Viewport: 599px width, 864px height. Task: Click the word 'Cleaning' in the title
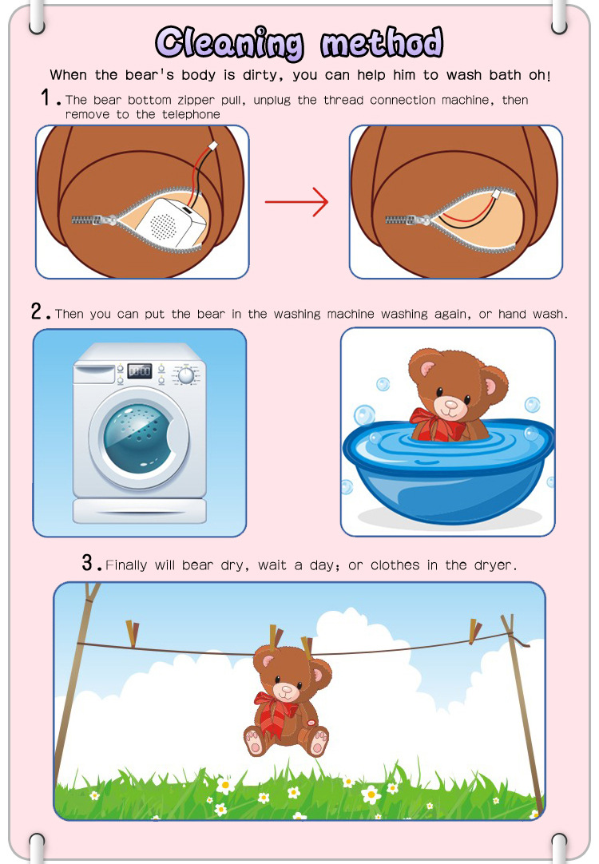(x=229, y=43)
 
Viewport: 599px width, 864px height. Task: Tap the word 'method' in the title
(x=382, y=42)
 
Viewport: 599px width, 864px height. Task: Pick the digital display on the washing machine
(x=139, y=371)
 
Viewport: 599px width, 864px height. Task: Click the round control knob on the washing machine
(x=186, y=375)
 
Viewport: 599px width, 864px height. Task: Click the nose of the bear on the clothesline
(x=287, y=689)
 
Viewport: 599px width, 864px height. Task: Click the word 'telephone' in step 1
(x=191, y=115)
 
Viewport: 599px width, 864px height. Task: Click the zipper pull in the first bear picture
(x=108, y=220)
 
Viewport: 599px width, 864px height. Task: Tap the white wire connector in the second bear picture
(x=496, y=194)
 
